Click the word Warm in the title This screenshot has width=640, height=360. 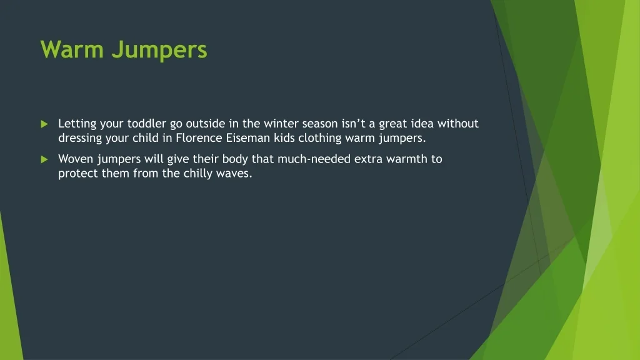click(72, 49)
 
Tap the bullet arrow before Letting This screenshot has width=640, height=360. click(44, 124)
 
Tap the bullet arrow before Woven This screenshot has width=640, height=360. click(44, 159)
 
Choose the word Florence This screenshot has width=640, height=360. click(199, 137)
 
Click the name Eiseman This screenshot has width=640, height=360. click(248, 137)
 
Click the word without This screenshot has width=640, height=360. click(458, 123)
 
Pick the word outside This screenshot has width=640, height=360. click(205, 123)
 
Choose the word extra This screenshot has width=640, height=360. click(368, 159)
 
